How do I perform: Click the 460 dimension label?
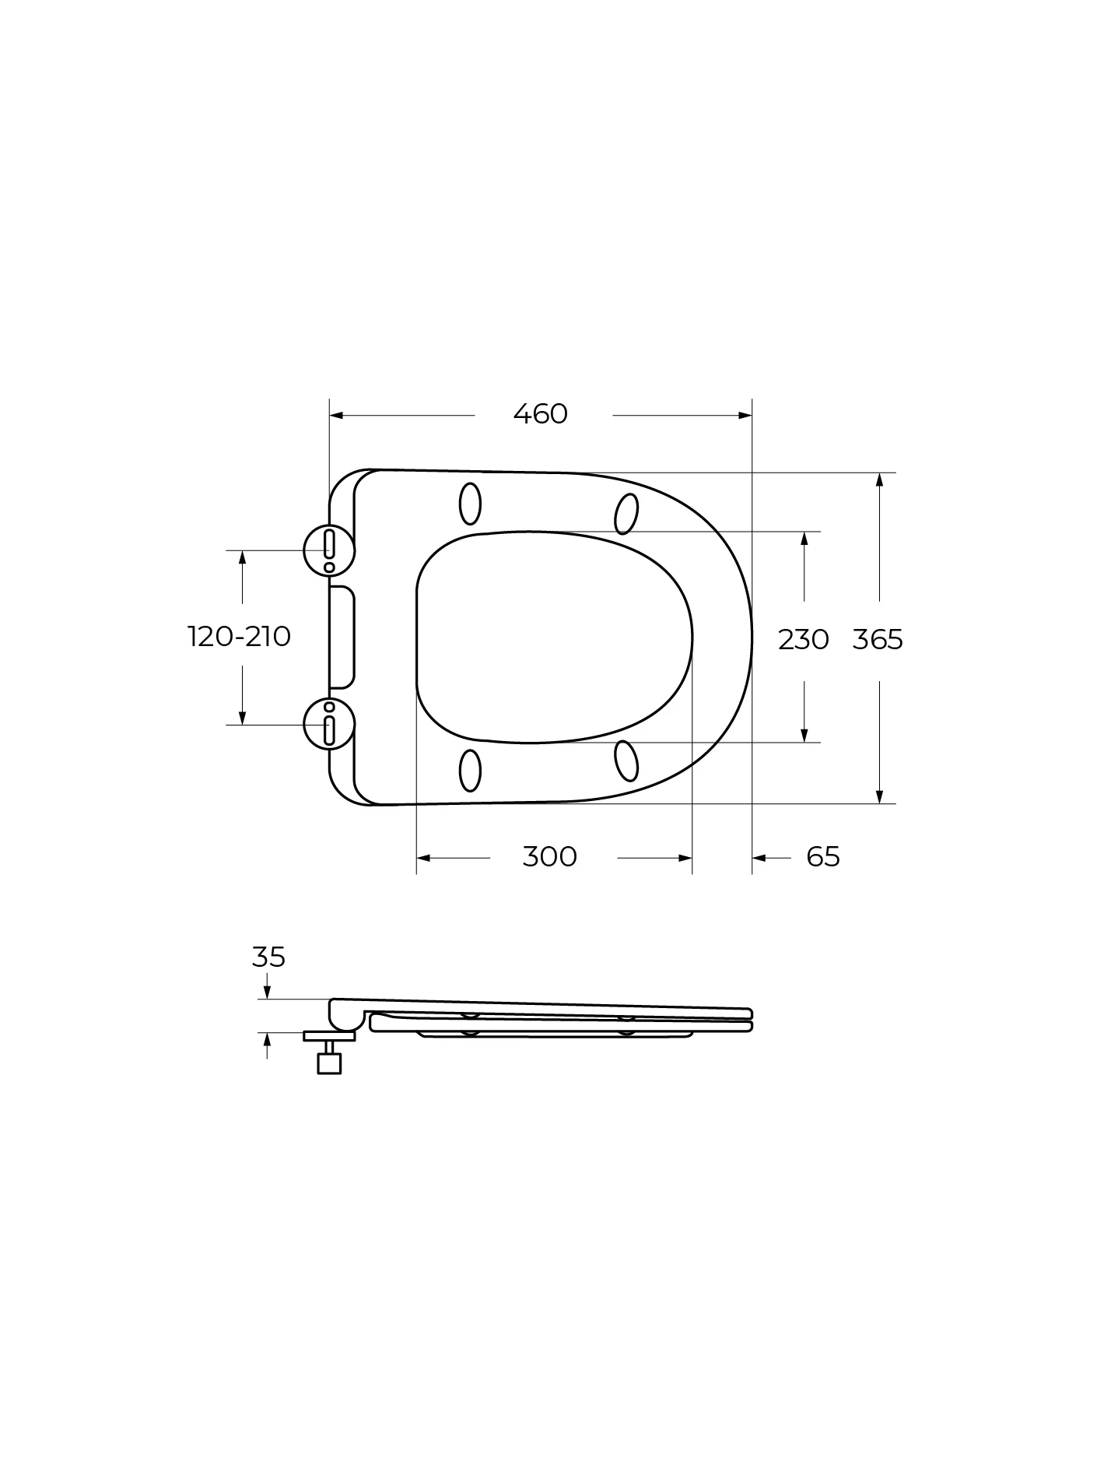(541, 414)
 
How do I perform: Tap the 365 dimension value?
(878, 640)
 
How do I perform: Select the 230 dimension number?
(804, 640)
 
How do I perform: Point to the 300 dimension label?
(549, 857)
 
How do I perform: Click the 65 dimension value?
(823, 857)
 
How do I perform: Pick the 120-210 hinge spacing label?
(240, 637)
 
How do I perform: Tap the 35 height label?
(268, 957)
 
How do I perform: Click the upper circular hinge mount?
(329, 550)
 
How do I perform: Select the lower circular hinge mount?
(329, 725)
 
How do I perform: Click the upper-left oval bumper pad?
(470, 504)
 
